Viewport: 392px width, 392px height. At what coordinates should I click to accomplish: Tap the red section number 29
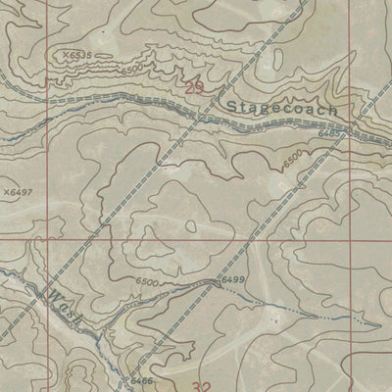click(195, 89)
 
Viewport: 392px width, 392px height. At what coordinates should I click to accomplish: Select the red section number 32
click(203, 386)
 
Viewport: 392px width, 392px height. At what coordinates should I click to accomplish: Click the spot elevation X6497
click(18, 193)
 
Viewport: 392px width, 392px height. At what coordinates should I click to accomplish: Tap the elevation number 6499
click(232, 281)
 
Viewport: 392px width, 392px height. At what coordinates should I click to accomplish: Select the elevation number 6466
click(142, 378)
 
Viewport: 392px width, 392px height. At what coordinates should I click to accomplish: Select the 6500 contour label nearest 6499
click(147, 282)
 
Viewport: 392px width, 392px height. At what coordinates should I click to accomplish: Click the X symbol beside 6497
click(6, 193)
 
